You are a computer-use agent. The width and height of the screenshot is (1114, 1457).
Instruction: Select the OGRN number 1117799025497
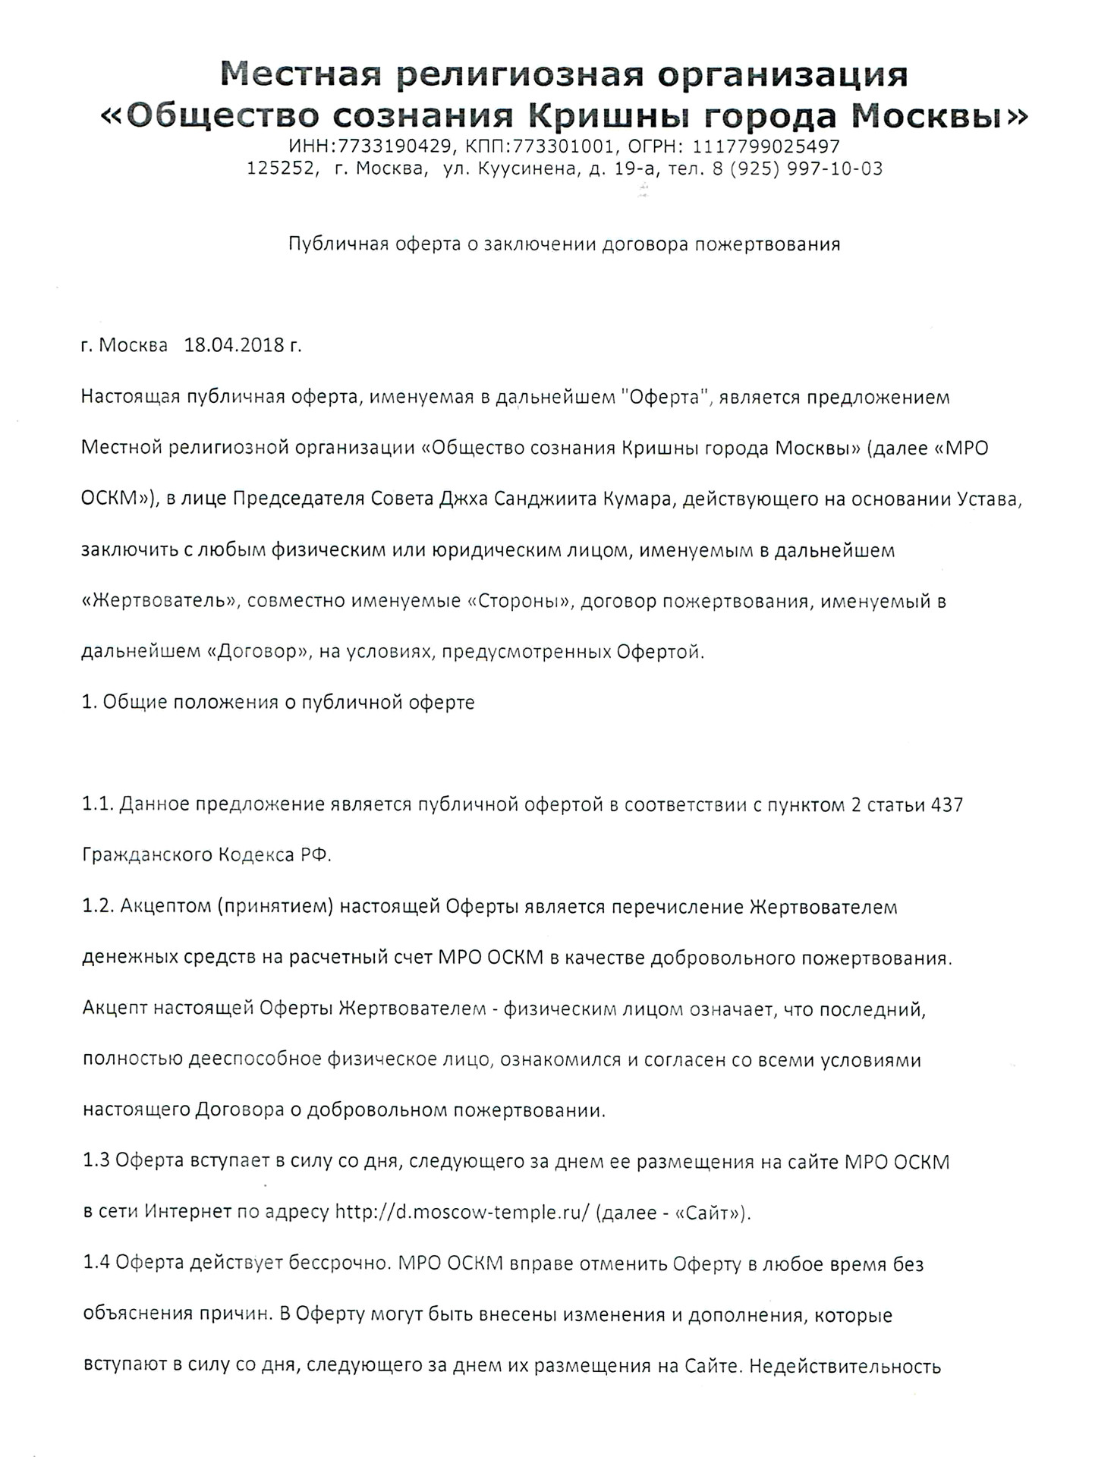766,146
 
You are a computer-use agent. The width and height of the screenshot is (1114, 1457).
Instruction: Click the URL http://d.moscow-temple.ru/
462,1212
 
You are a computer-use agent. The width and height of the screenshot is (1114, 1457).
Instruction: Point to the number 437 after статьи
946,804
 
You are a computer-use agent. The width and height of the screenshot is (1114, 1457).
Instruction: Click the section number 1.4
96,1263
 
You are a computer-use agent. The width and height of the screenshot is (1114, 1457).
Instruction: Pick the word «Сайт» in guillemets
711,1212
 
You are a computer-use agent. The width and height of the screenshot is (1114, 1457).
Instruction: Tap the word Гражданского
146,855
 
